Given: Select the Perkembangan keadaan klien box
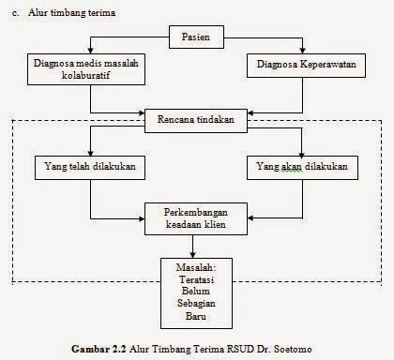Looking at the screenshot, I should (x=194, y=217).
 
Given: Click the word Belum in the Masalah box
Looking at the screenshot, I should (x=195, y=292).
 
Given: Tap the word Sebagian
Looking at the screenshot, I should (x=195, y=304).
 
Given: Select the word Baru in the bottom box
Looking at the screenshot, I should (x=195, y=317).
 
